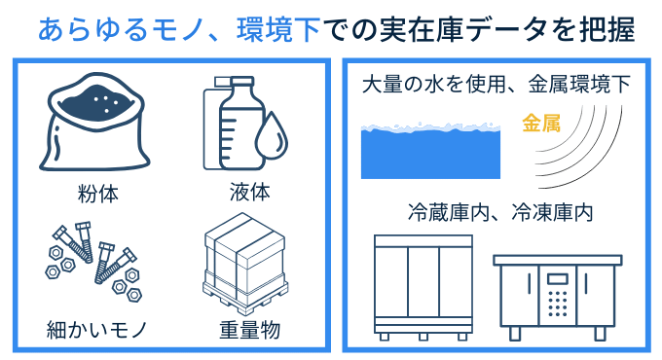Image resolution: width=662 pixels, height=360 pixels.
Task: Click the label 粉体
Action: pos(97,194)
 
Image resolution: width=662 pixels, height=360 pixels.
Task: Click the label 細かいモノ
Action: pos(97,330)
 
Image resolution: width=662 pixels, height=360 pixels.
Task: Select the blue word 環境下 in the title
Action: pos(279,29)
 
